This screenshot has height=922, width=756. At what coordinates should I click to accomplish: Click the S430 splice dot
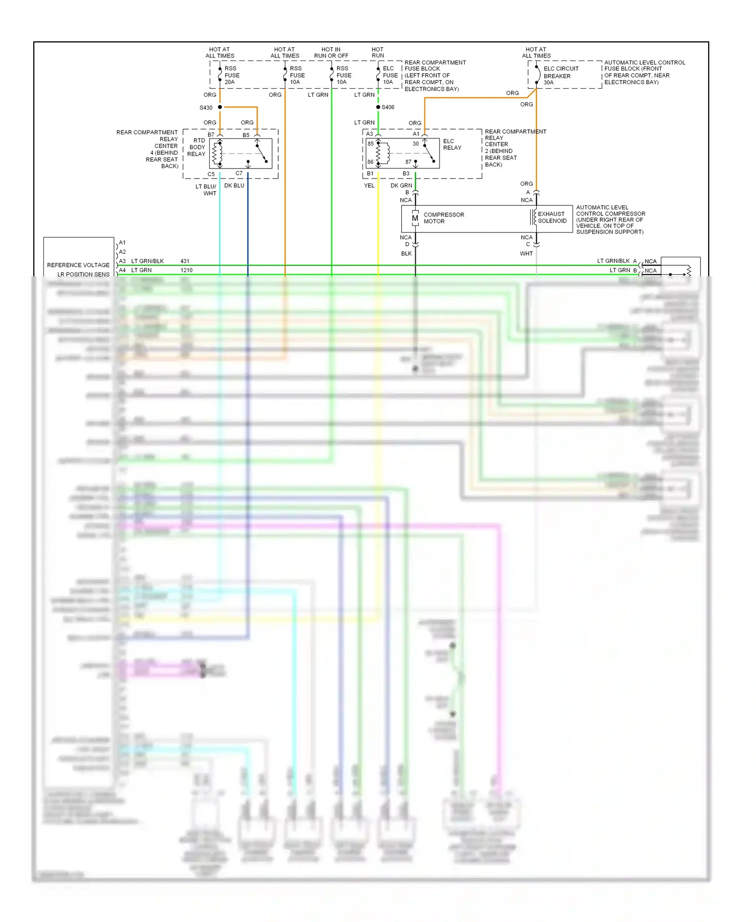pos(220,107)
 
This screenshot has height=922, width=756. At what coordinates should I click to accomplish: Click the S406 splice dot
pos(378,107)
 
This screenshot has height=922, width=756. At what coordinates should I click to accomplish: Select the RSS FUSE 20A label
pos(232,75)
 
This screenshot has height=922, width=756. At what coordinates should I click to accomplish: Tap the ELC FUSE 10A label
pos(390,75)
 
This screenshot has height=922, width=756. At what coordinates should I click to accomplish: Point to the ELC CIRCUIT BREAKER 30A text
pos(560,76)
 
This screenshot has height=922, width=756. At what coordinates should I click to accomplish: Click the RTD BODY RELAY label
pos(197,147)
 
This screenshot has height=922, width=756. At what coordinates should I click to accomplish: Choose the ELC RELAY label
pos(452,144)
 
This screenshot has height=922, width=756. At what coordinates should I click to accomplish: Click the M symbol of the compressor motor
pos(415,218)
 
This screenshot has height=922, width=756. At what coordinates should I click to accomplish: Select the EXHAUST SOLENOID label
pos(552,217)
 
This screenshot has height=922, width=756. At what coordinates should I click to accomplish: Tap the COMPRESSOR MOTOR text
pos(444,218)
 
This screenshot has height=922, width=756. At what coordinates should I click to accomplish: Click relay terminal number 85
pos(370,144)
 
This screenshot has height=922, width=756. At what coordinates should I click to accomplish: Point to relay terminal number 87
pos(408,162)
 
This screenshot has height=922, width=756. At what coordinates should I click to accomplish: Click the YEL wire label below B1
pos(369,186)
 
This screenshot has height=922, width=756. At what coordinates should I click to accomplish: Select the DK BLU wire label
pos(234,186)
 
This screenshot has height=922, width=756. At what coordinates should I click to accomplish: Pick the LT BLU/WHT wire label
pos(206,190)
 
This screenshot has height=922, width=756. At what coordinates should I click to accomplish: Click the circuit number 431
pos(185,261)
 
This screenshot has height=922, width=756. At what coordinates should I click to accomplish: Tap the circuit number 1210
pos(186,270)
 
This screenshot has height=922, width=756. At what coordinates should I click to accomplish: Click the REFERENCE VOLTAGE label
pos(78,265)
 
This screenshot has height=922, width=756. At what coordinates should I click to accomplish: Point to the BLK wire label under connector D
pos(406,254)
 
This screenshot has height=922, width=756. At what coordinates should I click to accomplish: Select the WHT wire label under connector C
pos(526,254)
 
